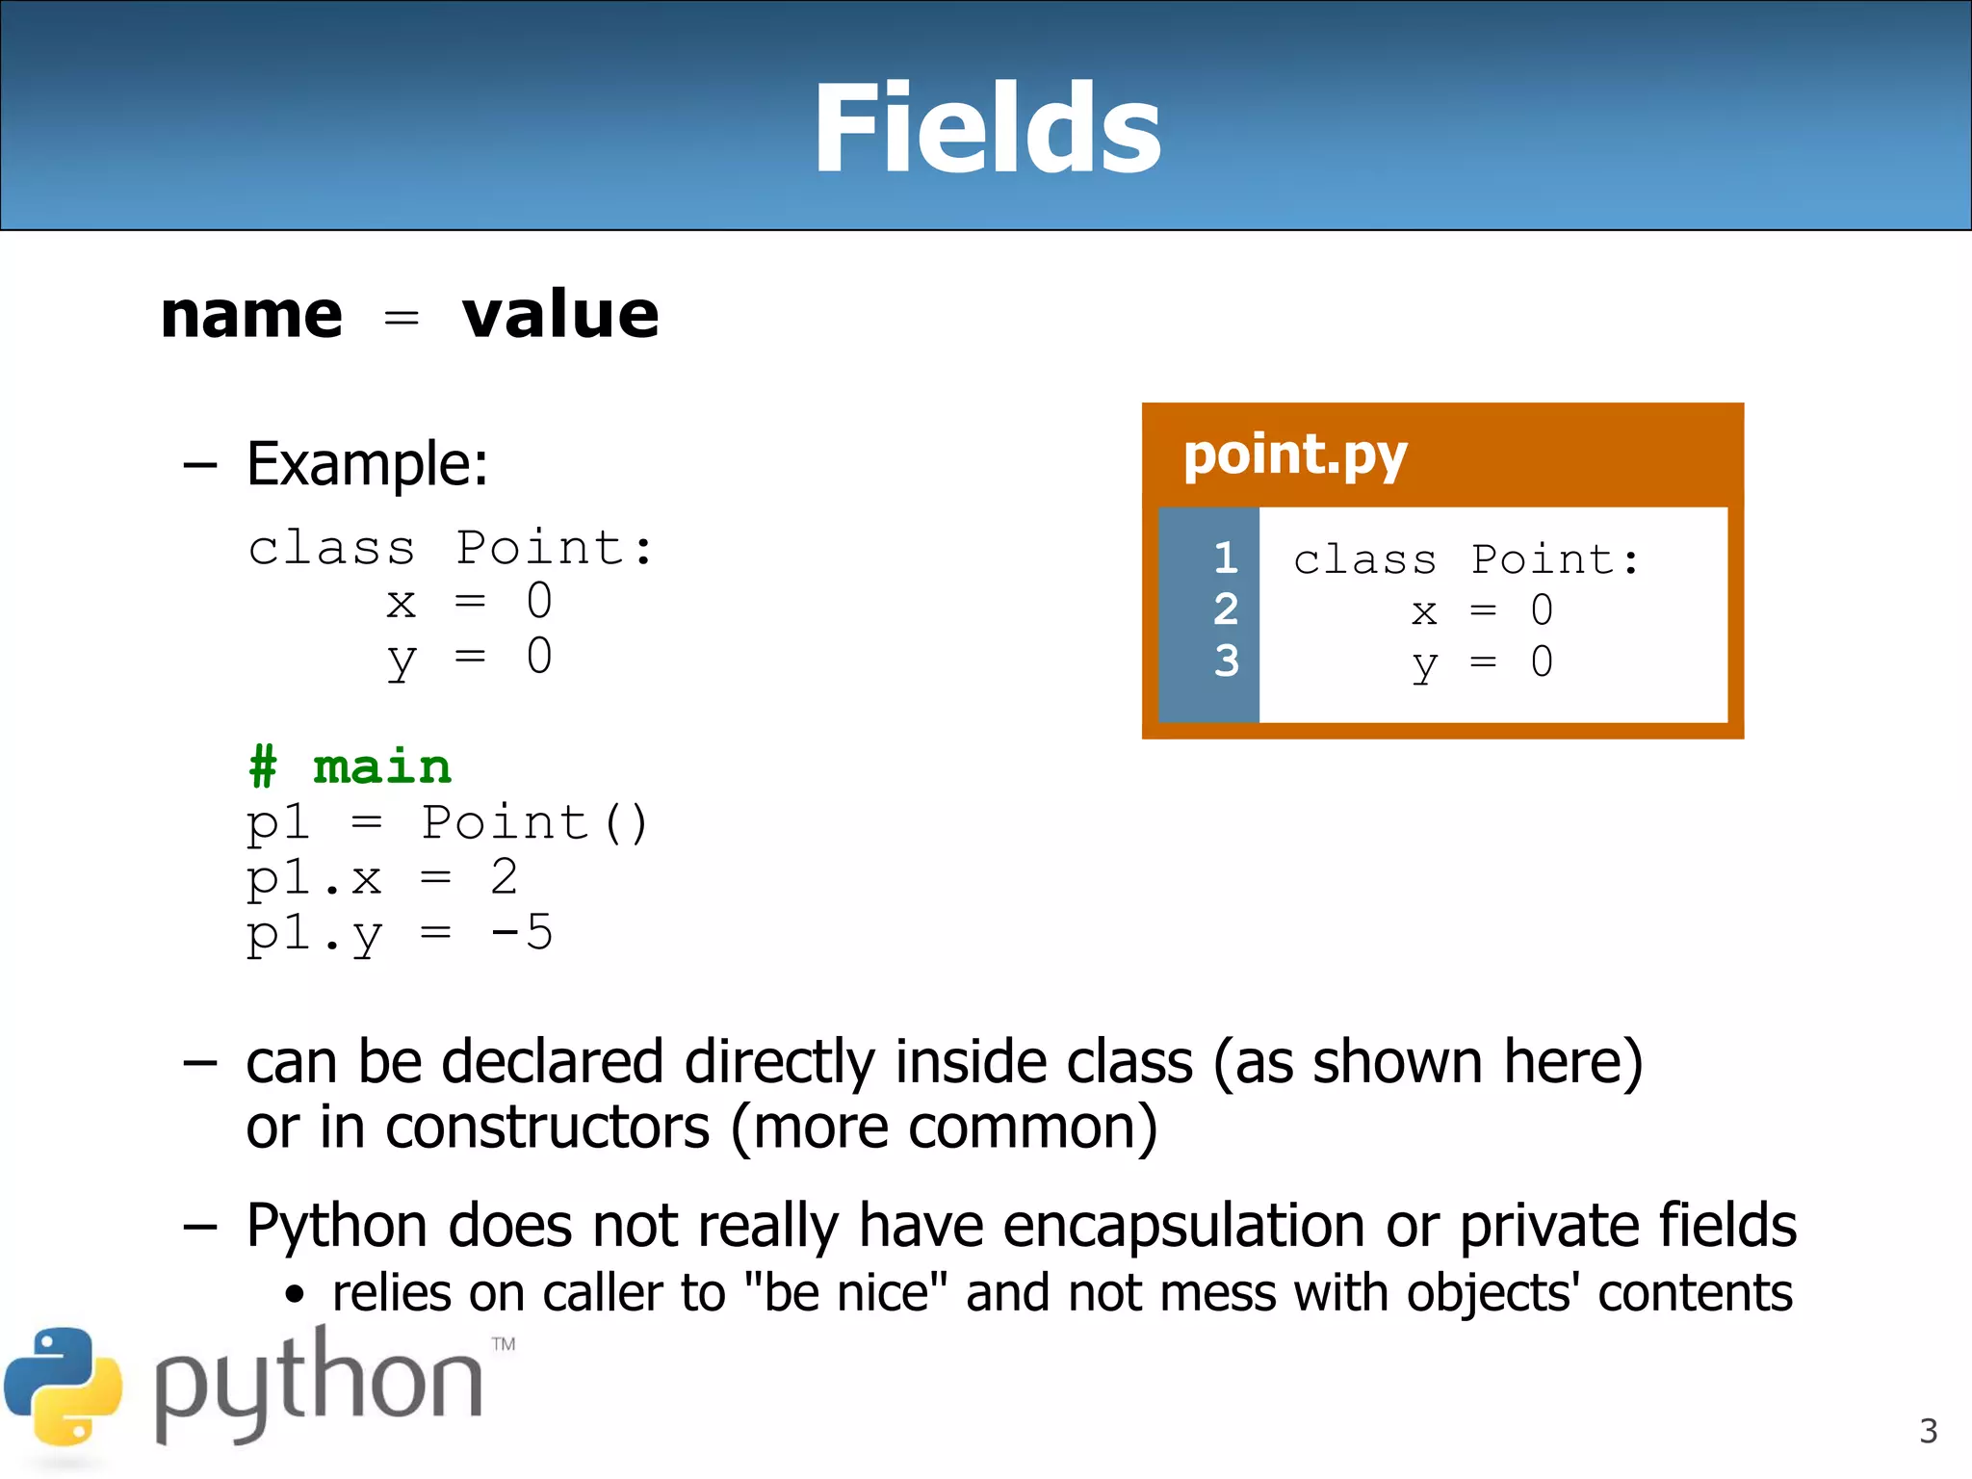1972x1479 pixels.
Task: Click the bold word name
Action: pyautogui.click(x=251, y=315)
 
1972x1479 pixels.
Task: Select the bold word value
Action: pyautogui.click(x=560, y=315)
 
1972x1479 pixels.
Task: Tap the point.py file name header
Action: pyautogui.click(x=1295, y=454)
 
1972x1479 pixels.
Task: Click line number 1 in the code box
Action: pyautogui.click(x=1225, y=558)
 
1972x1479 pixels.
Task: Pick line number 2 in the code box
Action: pyautogui.click(x=1225, y=610)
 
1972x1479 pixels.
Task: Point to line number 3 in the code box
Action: pyautogui.click(x=1226, y=662)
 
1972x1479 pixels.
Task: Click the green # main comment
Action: pyautogui.click(x=350, y=767)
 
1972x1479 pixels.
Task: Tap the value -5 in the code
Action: pyautogui.click(x=521, y=932)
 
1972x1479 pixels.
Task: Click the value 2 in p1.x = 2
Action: pyautogui.click(x=504, y=877)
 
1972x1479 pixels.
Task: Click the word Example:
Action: pyautogui.click(x=367, y=464)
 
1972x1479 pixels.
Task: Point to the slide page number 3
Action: pyautogui.click(x=1928, y=1431)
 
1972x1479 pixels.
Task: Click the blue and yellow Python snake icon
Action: pyautogui.click(x=64, y=1387)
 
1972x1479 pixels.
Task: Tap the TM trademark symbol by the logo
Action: pyautogui.click(x=503, y=1344)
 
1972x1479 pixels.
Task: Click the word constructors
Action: pyautogui.click(x=547, y=1128)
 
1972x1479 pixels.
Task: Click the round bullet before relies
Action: pyautogui.click(x=295, y=1296)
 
